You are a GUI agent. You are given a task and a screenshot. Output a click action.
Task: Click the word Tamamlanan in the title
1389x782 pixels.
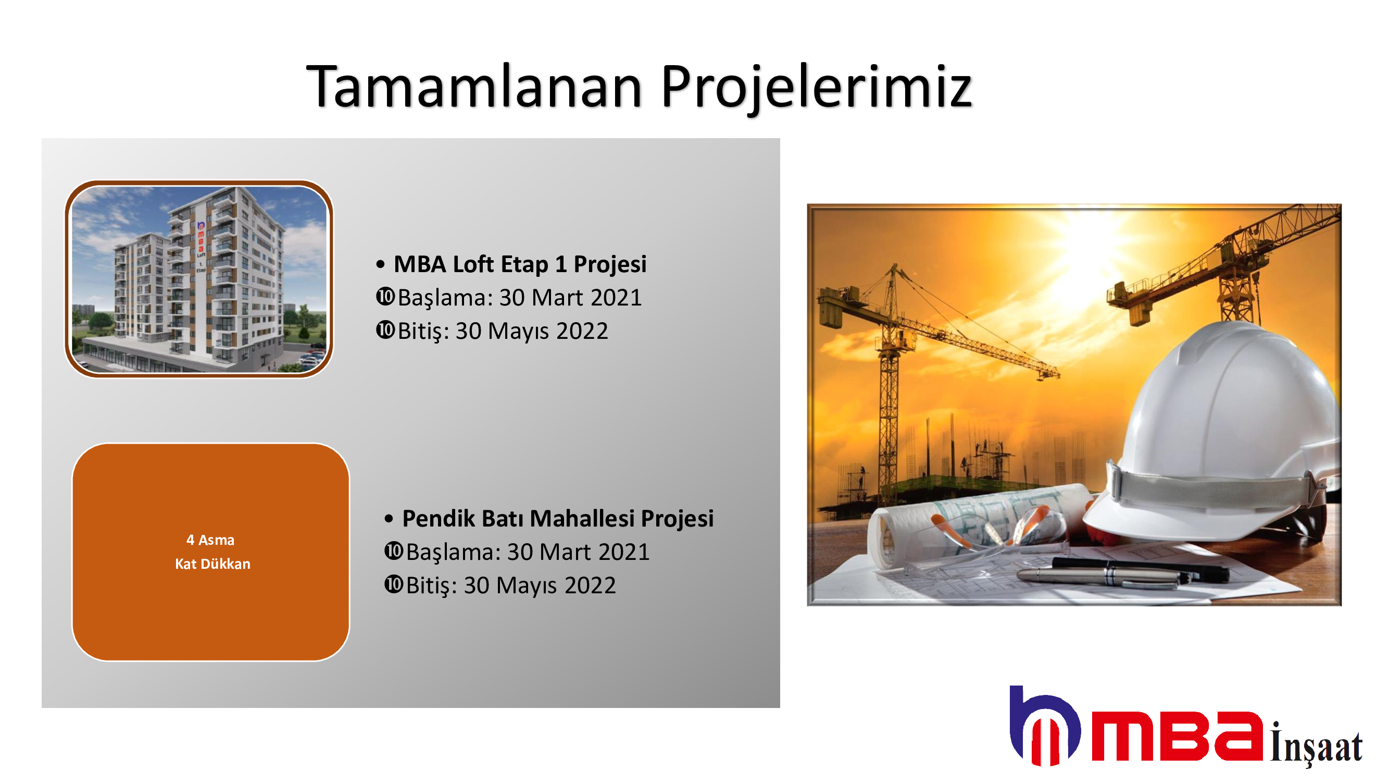pos(474,87)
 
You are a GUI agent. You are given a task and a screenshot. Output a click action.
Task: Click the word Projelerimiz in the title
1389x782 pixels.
pos(817,89)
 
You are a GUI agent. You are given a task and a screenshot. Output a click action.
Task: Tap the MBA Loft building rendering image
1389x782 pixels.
pos(199,279)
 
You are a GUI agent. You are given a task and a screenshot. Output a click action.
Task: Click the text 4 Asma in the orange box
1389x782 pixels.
pos(210,540)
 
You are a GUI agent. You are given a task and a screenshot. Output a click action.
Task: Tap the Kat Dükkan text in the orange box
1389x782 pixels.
pos(212,564)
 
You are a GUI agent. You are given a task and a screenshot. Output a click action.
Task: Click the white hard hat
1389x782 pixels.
pos(1213,432)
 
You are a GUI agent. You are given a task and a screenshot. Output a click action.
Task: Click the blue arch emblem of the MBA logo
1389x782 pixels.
pos(1044,725)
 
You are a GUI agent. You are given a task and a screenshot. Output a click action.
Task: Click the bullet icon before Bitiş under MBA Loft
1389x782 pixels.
pos(385,330)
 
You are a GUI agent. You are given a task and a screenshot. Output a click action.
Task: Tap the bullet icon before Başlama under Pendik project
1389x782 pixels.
pos(394,551)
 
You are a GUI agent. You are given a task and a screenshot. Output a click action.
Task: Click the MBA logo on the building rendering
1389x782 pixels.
pos(201,237)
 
